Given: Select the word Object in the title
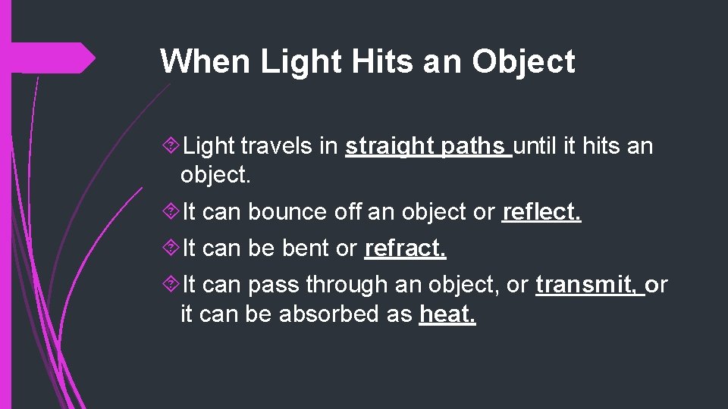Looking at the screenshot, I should [x=523, y=61].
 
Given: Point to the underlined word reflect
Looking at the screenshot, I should [x=541, y=213].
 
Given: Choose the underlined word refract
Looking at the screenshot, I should [x=405, y=248].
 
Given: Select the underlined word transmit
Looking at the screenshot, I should [x=589, y=285].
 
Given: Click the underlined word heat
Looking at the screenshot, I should [x=447, y=314].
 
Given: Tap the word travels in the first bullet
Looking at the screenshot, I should [x=276, y=146].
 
